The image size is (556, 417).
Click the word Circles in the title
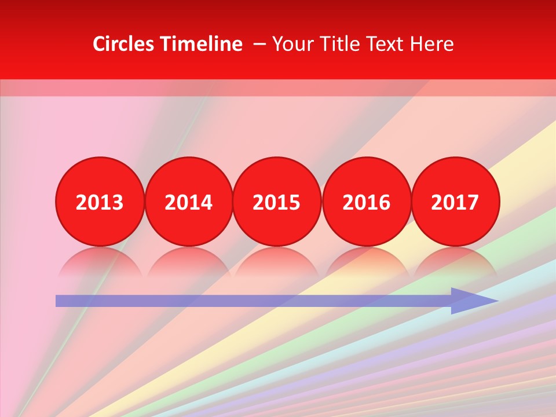(124, 44)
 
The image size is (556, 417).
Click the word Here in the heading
(431, 44)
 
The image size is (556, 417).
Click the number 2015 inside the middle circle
(277, 203)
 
